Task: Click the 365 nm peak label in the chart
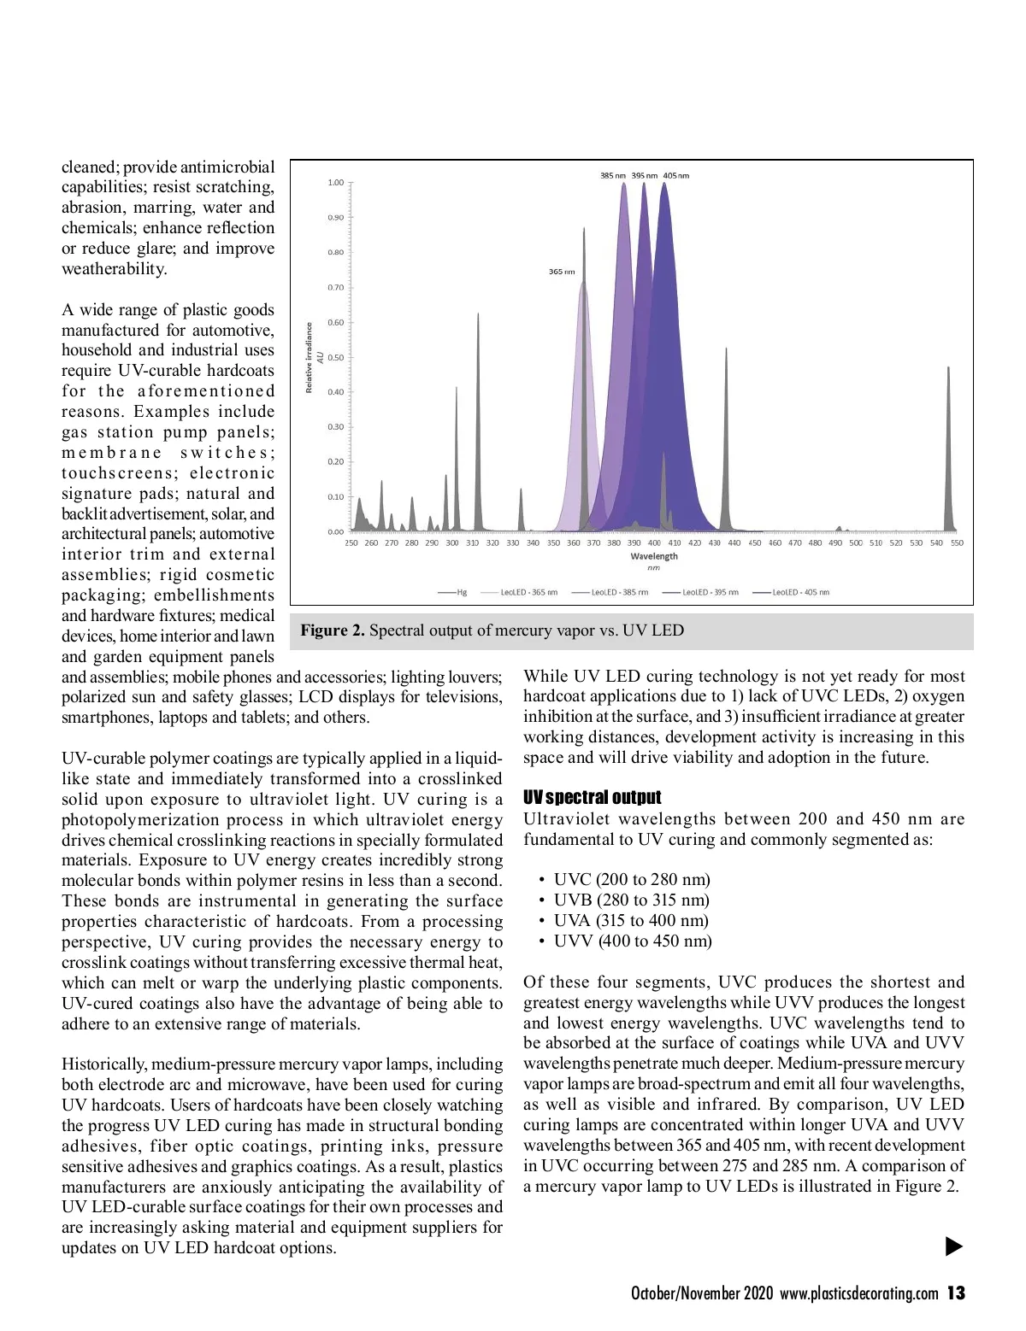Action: (561, 272)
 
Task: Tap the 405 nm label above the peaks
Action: (675, 176)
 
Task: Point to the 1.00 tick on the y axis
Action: (336, 183)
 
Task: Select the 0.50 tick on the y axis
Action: (336, 358)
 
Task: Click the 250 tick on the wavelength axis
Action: (351, 543)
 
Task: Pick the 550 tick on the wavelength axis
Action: (957, 543)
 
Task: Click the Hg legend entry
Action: (453, 592)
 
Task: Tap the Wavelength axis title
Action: (654, 556)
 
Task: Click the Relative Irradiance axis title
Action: (310, 358)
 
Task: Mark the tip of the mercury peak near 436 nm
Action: (726, 349)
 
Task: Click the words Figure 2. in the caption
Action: (333, 630)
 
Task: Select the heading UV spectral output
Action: (592, 798)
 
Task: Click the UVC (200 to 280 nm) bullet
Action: (632, 880)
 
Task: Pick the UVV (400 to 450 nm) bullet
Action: (633, 941)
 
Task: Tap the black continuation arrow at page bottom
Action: (954, 1247)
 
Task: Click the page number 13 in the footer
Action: (956, 1293)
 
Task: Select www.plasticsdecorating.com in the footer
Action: (858, 1293)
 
